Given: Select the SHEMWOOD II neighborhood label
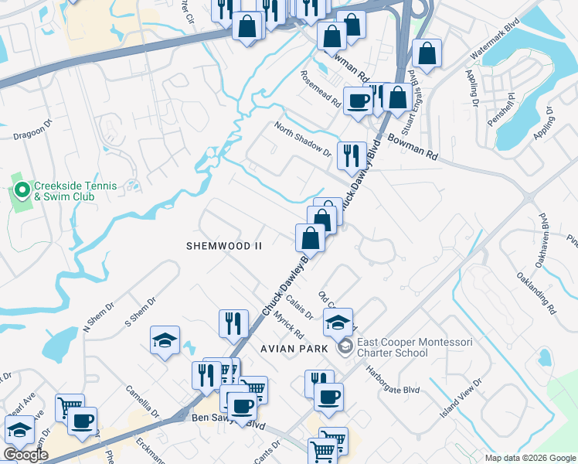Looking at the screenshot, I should (x=224, y=245).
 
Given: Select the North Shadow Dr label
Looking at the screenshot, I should (x=302, y=140).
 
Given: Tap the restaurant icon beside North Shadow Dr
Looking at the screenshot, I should (x=351, y=155).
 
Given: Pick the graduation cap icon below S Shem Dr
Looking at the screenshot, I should (x=165, y=341).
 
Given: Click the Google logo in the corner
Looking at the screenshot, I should (x=25, y=455).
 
